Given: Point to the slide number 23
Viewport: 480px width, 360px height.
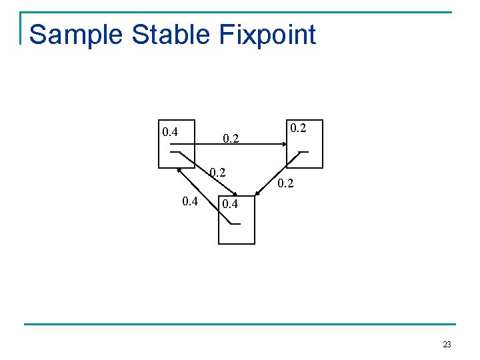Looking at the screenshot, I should pos(446,345).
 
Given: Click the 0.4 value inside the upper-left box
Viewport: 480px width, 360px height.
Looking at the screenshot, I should pos(170,131).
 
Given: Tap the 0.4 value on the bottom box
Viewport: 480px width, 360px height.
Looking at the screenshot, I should pos(230,204).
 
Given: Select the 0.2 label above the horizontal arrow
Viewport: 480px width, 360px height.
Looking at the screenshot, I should pos(231,139).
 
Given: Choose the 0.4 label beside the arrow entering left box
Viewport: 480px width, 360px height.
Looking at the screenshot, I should pos(190,201).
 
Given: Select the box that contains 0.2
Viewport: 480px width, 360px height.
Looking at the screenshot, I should pos(303,143).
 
